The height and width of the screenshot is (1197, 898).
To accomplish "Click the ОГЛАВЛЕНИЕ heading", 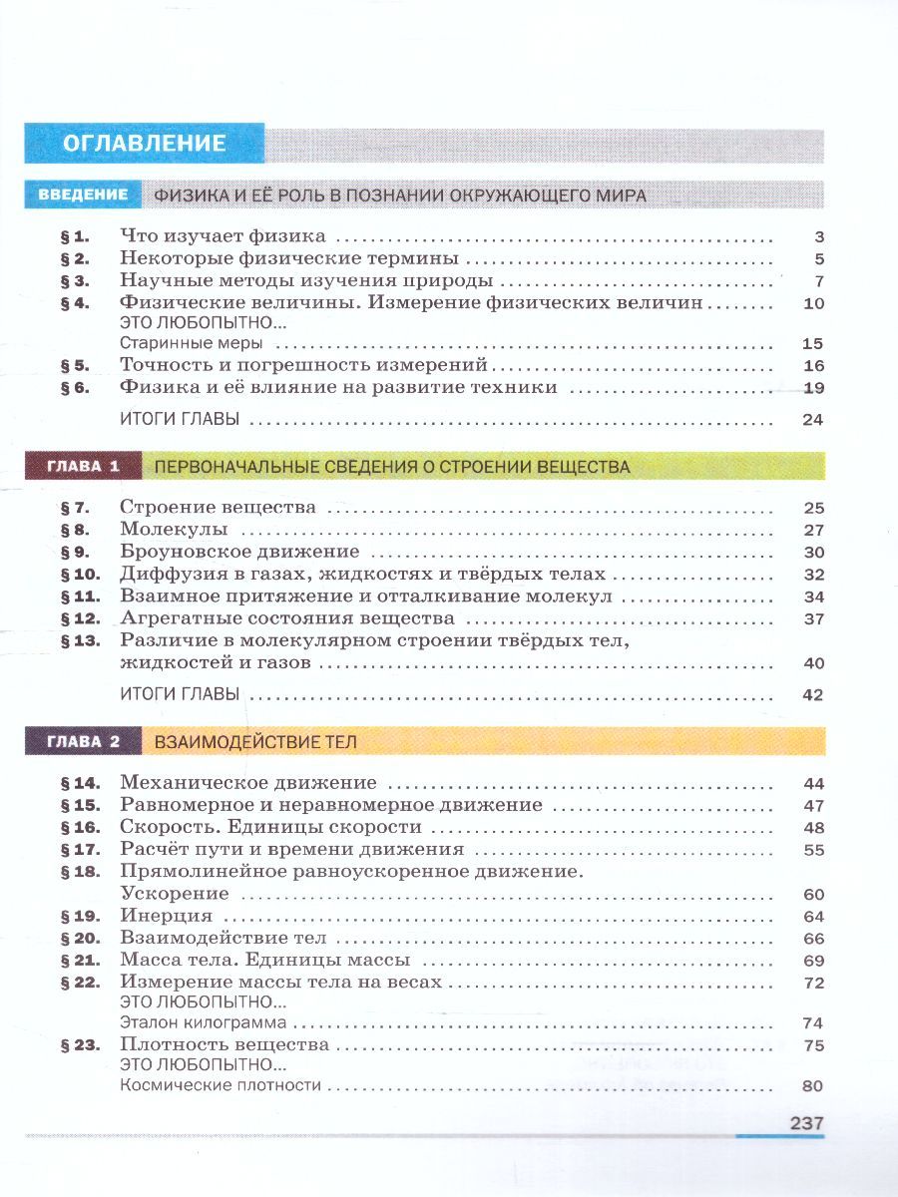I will click(x=145, y=143).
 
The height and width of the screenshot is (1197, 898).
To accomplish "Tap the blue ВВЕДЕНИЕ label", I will click(x=83, y=195).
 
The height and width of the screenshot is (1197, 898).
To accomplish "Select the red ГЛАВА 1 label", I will click(x=83, y=466).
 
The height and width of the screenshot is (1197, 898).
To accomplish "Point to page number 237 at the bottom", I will click(x=806, y=1122).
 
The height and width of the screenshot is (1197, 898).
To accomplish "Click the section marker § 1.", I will click(x=75, y=237).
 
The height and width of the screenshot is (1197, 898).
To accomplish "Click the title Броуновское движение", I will click(x=238, y=552).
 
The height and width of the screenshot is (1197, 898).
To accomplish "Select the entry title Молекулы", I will click(x=174, y=530).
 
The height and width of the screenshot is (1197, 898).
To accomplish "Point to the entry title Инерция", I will click(x=166, y=916).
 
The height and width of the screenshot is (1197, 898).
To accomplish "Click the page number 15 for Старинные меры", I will click(x=812, y=344).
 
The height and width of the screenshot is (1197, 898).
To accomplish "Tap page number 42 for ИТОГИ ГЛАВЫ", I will click(x=812, y=694).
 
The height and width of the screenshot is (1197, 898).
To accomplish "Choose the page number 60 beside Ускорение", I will click(x=812, y=894).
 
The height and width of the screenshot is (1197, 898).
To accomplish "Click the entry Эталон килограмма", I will click(x=203, y=1022).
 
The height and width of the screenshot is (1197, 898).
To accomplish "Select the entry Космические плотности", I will click(x=220, y=1086).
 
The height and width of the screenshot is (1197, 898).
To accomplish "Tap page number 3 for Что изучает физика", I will click(x=818, y=237).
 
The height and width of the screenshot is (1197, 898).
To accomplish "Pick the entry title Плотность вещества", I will click(x=224, y=1045).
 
